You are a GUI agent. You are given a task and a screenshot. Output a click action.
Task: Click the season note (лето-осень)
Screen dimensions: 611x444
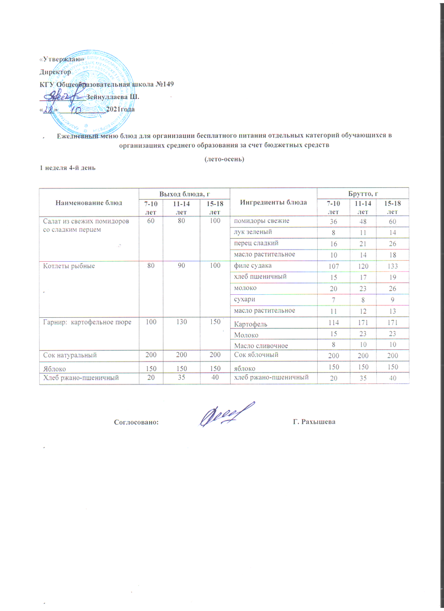pos(225,159)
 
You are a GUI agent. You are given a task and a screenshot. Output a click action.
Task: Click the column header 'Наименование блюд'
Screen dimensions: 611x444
pos(89,203)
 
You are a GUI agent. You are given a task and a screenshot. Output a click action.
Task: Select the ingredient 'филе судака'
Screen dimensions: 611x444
pos(252,266)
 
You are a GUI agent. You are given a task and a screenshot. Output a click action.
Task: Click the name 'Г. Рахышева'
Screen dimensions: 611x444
pos(315,422)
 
